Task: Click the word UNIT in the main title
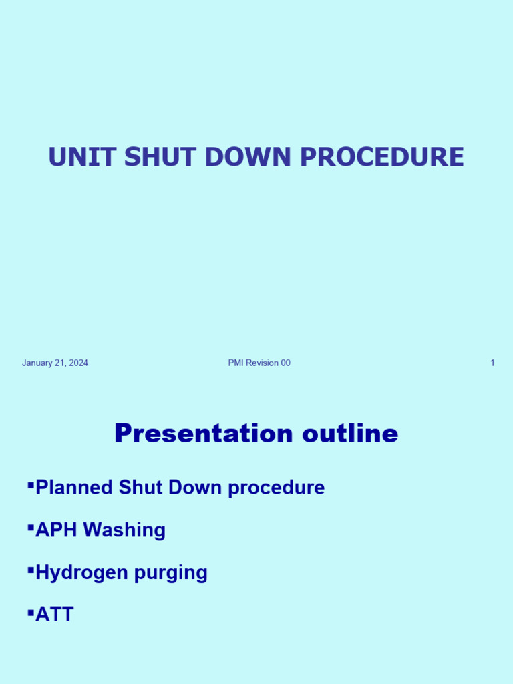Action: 73,157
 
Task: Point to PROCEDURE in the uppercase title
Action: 381,157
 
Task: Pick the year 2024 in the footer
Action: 78,363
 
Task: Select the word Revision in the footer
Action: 262,363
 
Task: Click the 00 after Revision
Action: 285,363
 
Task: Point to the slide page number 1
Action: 492,363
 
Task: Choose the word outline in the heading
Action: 351,434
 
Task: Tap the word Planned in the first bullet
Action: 74,488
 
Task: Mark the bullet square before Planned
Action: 31,483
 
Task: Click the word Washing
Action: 124,531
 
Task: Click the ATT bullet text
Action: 55,615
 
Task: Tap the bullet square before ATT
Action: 31,610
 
